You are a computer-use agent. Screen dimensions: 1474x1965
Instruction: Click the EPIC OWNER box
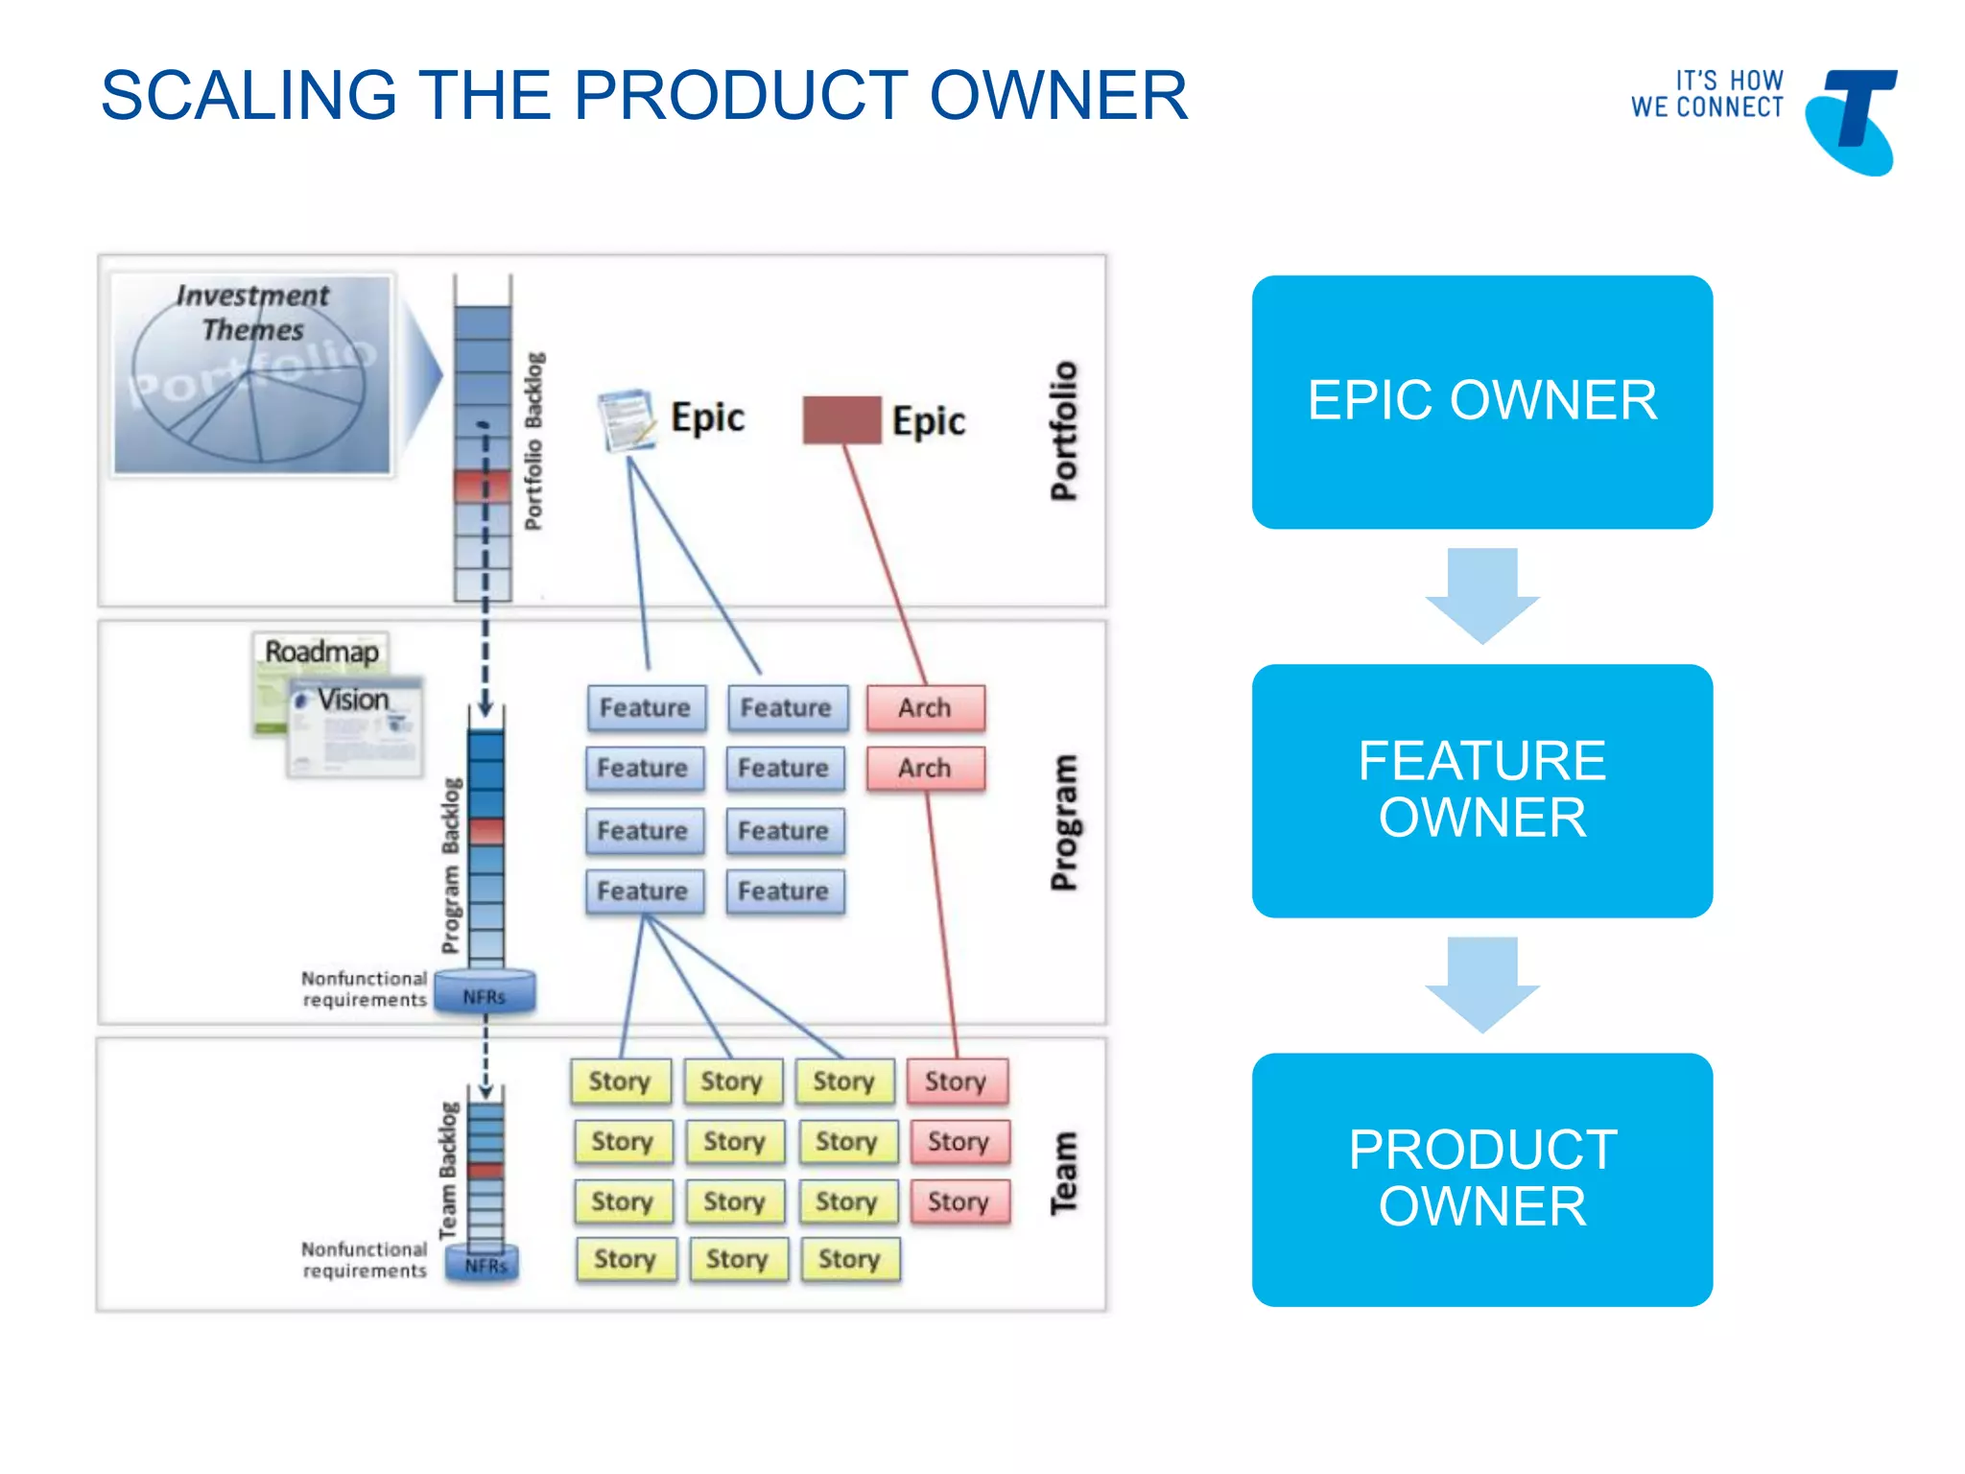tap(1481, 401)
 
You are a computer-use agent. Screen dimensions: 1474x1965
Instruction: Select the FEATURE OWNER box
tap(1481, 790)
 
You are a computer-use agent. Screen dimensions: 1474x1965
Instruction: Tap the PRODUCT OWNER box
tap(1481, 1178)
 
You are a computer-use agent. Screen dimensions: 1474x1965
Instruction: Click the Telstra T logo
tap(1852, 120)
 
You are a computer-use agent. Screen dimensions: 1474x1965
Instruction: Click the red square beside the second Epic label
tap(841, 420)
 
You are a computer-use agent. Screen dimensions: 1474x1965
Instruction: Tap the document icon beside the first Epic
tap(626, 419)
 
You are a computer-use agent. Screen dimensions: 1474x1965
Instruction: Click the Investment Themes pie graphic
tap(251, 374)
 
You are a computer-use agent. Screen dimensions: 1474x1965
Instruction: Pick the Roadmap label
tap(321, 652)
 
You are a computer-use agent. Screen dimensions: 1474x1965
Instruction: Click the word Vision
tap(353, 700)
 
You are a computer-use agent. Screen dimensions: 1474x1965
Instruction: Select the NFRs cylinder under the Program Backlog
tap(485, 992)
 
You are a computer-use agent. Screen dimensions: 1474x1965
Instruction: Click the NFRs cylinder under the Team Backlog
tap(485, 1264)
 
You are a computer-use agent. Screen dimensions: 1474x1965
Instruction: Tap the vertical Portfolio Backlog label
tap(533, 441)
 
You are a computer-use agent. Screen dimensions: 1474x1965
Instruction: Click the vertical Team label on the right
tap(1064, 1173)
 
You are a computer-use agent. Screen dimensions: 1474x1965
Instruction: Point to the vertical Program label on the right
tap(1064, 822)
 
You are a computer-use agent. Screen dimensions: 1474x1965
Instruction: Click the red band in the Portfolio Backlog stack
tap(483, 486)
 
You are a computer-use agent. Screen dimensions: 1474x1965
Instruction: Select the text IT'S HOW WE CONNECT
tap(1707, 94)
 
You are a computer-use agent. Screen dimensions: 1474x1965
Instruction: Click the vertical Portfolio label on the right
tap(1064, 431)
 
